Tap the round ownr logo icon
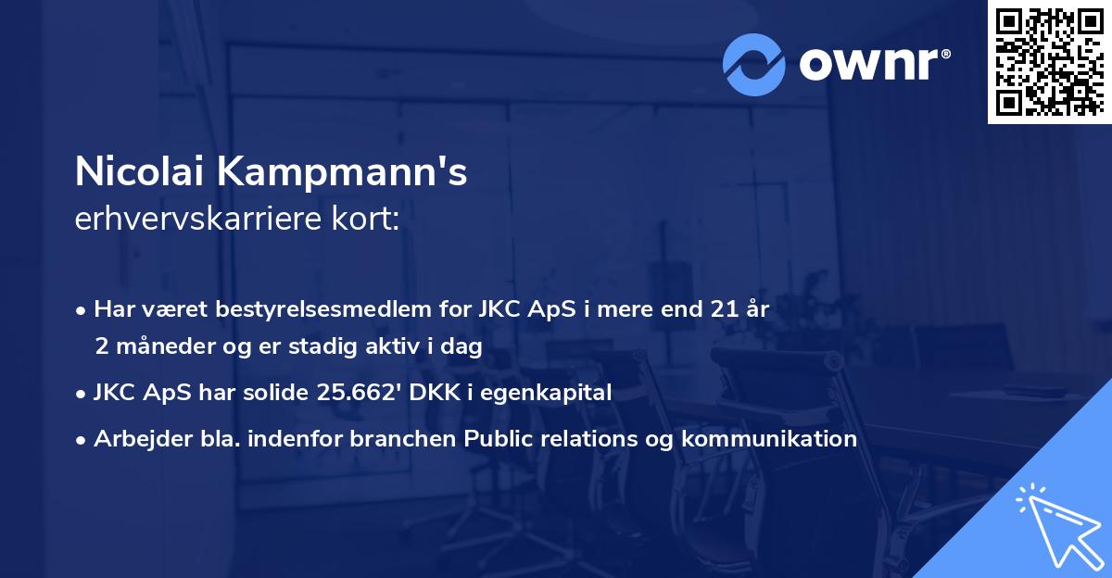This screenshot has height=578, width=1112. point(753,65)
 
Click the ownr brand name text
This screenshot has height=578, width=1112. point(874,65)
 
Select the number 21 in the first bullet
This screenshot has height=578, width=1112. point(715,309)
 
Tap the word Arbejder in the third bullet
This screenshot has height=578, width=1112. point(134,439)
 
